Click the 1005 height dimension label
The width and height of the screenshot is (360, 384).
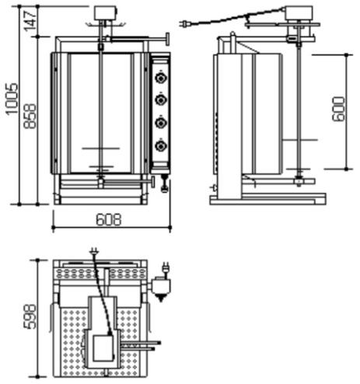(12, 99)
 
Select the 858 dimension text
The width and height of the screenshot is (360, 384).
(30, 116)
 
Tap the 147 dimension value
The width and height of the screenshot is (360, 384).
(30, 21)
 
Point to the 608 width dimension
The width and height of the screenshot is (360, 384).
(109, 220)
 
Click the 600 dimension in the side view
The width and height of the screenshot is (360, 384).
(339, 109)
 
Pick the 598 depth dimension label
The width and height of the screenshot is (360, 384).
(30, 316)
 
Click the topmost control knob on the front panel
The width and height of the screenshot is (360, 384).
(161, 78)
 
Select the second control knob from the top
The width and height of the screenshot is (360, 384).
(161, 99)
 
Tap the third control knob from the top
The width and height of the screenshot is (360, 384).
(161, 123)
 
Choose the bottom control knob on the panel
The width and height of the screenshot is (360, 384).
(161, 146)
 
